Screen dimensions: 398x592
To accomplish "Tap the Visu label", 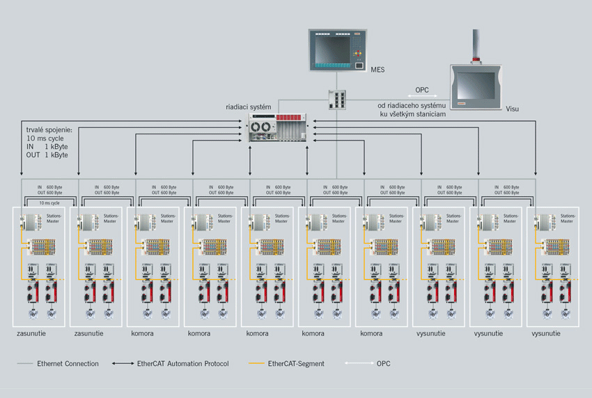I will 512,109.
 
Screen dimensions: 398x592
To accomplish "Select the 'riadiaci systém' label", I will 249,107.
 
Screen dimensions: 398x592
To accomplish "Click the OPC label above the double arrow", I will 422,90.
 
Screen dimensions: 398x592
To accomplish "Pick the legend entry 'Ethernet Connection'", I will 68,364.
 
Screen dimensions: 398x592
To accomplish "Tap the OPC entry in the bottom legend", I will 384,364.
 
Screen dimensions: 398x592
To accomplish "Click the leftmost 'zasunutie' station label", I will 31,334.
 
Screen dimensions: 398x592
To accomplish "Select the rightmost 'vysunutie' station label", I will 546,334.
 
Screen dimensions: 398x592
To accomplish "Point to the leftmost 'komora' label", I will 142,334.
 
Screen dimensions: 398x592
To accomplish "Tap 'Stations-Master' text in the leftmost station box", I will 54,218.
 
